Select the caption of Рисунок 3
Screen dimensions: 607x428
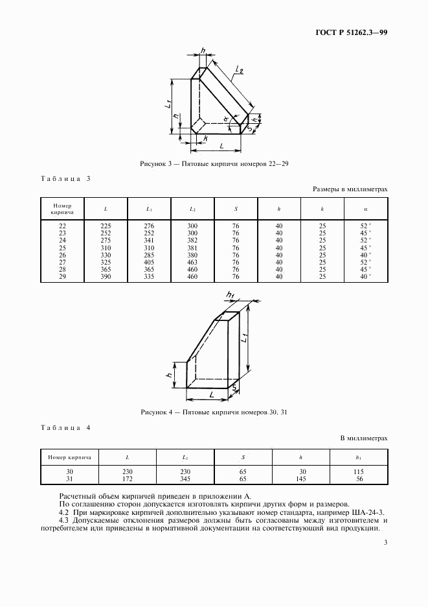tap(214, 164)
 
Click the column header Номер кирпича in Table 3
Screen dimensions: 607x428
tap(62, 208)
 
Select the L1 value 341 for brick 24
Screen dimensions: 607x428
tap(149, 240)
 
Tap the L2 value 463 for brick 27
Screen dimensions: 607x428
tap(192, 262)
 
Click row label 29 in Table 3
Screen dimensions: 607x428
tap(62, 276)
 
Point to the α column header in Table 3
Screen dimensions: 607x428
tap(366, 208)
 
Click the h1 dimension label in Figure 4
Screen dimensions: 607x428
tap(230, 296)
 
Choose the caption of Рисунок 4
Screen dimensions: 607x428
tap(214, 412)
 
